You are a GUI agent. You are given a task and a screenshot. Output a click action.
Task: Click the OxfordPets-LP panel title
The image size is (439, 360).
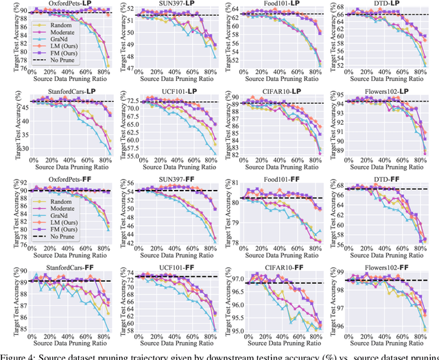[x=66, y=4]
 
